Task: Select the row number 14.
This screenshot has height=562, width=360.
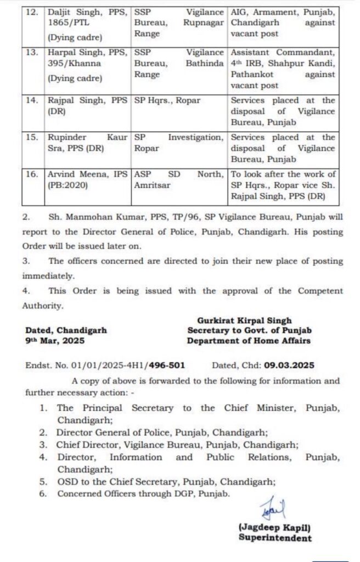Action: [x=35, y=100]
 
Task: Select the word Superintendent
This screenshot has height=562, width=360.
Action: [x=275, y=538]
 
